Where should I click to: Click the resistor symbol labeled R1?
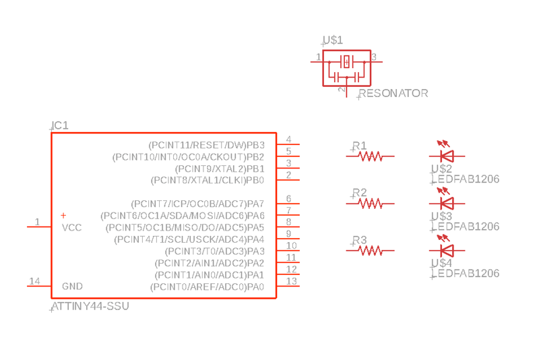tap(371, 156)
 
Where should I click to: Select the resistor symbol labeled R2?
tap(371, 203)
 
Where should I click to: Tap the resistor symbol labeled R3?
tap(371, 250)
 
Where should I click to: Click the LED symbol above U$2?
tap(445, 155)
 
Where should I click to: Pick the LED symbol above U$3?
tap(445, 202)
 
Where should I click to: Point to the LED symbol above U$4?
tap(445, 249)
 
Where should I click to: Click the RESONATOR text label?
tap(393, 94)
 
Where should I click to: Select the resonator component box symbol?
tap(346, 67)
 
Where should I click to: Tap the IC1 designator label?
tap(60, 125)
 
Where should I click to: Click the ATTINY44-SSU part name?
tap(90, 306)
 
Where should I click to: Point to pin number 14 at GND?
tap(34, 281)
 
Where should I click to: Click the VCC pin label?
tap(71, 228)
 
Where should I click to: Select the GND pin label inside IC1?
tap(72, 287)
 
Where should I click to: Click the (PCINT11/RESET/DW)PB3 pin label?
tap(206, 145)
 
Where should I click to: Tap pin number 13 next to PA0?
tap(291, 281)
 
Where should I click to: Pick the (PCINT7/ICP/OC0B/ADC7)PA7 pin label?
tap(197, 204)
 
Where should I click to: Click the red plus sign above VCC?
tap(63, 216)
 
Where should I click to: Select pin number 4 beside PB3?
tap(288, 139)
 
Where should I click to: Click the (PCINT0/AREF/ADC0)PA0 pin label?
tap(207, 287)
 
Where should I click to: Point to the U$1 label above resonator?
tap(333, 40)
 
